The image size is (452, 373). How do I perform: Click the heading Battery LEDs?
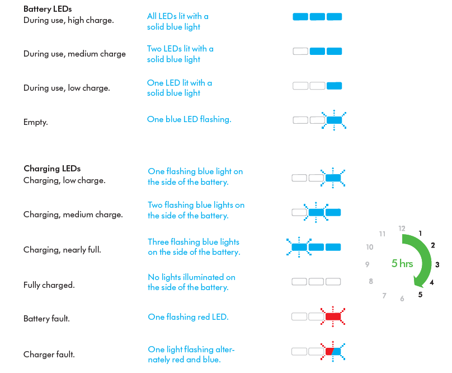tap(48, 9)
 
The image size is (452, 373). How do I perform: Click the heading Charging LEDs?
tap(52, 169)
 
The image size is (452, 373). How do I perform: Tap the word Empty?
tap(35, 122)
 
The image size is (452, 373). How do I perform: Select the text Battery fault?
tap(46, 319)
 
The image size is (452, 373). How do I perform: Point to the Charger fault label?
tap(49, 354)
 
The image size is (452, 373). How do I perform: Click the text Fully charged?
tap(49, 285)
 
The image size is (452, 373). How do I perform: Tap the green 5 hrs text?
tap(402, 263)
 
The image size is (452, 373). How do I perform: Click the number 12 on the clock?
tap(402, 229)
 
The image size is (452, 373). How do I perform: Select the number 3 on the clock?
tap(437, 264)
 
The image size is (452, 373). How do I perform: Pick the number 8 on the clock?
tap(371, 281)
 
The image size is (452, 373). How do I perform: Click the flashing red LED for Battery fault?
tap(333, 316)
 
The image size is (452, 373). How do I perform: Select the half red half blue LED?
tap(333, 351)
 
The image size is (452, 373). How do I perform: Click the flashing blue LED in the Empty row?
tap(334, 120)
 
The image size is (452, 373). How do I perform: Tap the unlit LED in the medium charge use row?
tap(300, 52)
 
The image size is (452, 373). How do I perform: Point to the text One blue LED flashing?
tap(189, 119)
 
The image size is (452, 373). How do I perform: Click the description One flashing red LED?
tap(188, 316)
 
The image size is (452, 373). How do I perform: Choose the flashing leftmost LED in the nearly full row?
tap(299, 247)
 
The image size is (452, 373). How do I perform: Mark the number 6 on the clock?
tap(402, 299)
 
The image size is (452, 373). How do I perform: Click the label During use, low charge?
tap(67, 88)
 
